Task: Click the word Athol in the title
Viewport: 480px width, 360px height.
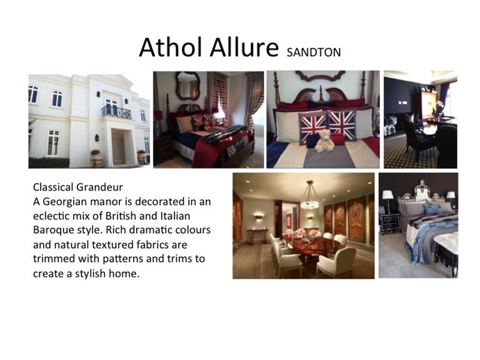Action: pyautogui.click(x=172, y=47)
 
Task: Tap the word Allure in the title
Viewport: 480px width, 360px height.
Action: pyautogui.click(x=244, y=47)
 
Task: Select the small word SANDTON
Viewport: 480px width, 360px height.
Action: pyautogui.click(x=314, y=52)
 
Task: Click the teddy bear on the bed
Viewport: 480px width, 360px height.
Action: pyautogui.click(x=324, y=141)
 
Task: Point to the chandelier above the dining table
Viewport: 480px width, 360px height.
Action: pyautogui.click(x=310, y=196)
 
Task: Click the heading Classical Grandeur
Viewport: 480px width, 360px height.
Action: pyautogui.click(x=77, y=187)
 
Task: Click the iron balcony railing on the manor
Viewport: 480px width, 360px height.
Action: pyautogui.click(x=117, y=112)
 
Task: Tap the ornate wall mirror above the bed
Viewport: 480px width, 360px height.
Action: pyautogui.click(x=187, y=86)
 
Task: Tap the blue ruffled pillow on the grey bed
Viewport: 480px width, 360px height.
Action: pyautogui.click(x=432, y=209)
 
